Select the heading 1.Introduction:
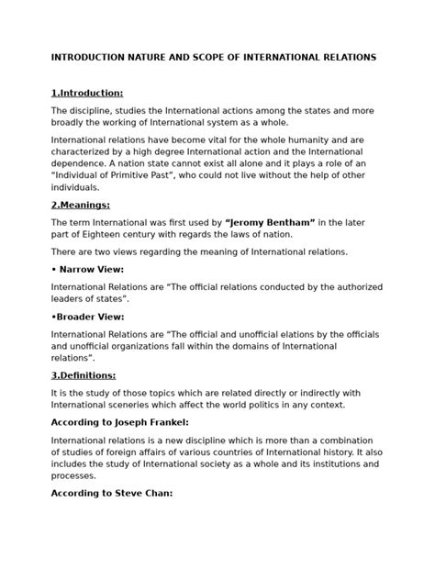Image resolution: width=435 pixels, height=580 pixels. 87,93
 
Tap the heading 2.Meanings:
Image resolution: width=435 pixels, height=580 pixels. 81,205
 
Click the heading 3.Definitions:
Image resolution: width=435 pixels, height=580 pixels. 84,374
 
